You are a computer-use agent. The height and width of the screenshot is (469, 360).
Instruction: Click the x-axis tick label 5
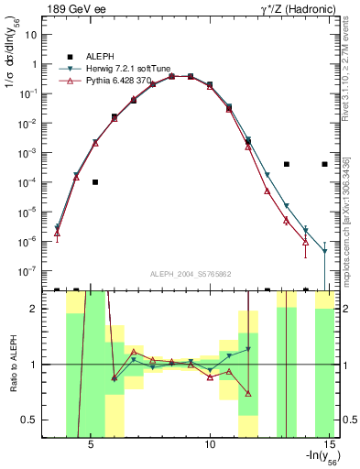click(x=92, y=445)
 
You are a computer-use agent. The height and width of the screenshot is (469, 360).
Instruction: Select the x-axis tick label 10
click(x=210, y=445)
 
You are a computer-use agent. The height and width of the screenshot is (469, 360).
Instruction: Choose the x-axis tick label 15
click(x=330, y=445)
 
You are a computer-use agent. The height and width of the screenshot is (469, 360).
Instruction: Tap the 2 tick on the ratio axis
click(x=39, y=309)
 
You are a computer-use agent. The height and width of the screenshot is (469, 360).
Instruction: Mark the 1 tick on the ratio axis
click(x=39, y=365)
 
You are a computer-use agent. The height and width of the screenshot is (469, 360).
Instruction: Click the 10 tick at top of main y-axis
click(x=37, y=35)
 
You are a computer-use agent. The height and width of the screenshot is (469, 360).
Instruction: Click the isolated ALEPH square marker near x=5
click(x=95, y=182)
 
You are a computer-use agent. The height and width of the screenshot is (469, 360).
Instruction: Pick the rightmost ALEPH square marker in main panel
click(x=324, y=164)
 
